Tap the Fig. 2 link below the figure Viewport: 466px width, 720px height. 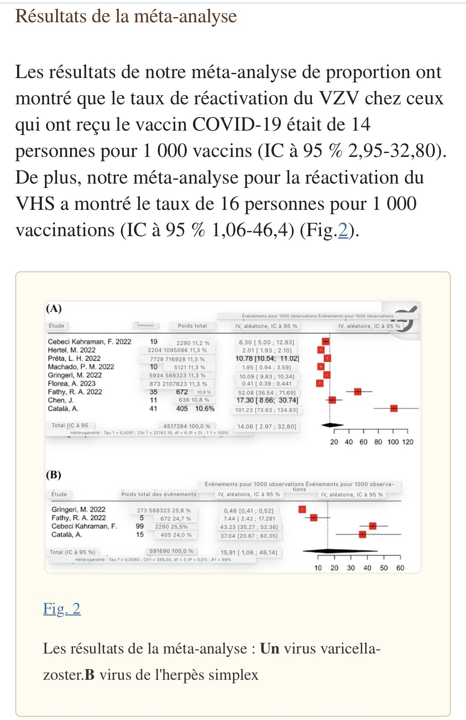tap(62, 609)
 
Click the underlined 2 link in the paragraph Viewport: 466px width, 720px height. tap(343, 230)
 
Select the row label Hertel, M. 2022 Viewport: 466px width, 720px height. tap(72, 350)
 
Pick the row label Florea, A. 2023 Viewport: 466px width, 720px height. tap(72, 383)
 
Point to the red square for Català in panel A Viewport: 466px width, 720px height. tap(394, 408)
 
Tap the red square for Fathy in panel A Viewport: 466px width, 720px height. tap(358, 391)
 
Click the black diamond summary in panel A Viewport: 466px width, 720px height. tap(333, 425)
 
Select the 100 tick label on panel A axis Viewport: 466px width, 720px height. tap(393, 442)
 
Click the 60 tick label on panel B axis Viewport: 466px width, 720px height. tap(400, 568)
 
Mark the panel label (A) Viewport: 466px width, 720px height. tap(54, 309)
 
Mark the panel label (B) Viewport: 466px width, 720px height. tap(54, 475)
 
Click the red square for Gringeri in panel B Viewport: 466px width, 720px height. tap(302, 509)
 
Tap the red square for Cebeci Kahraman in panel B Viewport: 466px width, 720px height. tap(372, 526)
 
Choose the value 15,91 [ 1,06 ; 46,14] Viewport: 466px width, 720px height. tap(249, 552)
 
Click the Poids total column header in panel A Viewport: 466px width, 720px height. tap(192, 326)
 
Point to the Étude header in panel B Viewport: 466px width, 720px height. tap(59, 494)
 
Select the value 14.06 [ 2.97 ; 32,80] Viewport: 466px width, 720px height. tap(267, 427)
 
